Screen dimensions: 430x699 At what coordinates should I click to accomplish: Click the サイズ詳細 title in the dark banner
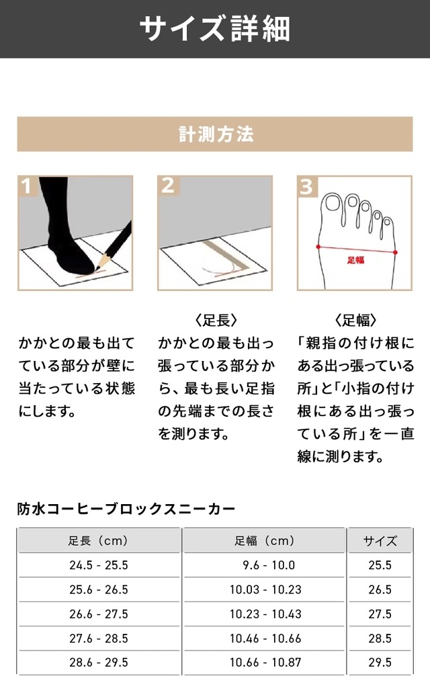tap(215, 28)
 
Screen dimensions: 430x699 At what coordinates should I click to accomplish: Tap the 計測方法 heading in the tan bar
tap(216, 134)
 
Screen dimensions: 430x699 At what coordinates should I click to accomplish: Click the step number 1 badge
tap(27, 186)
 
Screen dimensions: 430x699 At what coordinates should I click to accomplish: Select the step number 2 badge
tap(168, 186)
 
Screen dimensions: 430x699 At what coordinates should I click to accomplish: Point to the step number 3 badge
tap(307, 186)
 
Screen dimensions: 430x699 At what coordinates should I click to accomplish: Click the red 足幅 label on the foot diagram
tap(355, 260)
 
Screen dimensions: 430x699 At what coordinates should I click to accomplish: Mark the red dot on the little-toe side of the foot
tap(396, 252)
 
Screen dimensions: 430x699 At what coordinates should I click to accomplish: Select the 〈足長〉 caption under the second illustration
tap(216, 320)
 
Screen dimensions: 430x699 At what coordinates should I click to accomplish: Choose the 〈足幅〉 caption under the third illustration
tap(355, 320)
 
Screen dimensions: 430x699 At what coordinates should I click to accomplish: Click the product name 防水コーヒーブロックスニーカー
tap(126, 509)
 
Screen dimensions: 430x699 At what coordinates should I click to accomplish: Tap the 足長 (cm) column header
tap(99, 541)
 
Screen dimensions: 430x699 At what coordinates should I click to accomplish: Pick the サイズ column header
tap(380, 541)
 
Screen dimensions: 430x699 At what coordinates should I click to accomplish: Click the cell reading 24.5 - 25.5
tap(99, 565)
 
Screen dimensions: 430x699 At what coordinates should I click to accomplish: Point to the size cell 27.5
tap(380, 614)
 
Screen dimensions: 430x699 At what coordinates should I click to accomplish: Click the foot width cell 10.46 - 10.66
tap(265, 639)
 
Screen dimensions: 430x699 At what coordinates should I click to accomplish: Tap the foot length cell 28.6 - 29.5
tap(99, 663)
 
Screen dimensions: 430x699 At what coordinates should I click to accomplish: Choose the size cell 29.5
tap(380, 663)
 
